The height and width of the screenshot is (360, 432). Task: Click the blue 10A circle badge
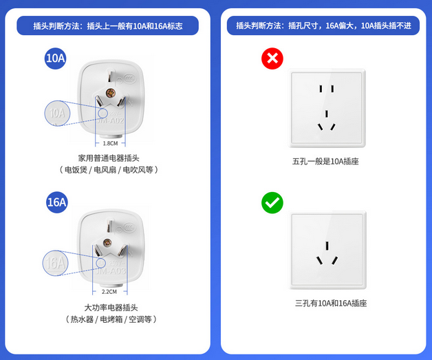click(56, 59)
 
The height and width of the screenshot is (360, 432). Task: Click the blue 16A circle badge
click(56, 202)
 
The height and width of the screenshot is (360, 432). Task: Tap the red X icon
click(272, 59)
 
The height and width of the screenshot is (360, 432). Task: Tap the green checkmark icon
click(272, 202)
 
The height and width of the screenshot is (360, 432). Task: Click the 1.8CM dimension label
click(110, 143)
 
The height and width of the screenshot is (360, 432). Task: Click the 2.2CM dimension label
click(110, 291)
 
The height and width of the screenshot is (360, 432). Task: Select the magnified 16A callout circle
click(56, 262)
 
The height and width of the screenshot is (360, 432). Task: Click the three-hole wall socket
click(328, 252)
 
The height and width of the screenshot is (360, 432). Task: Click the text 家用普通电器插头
click(109, 158)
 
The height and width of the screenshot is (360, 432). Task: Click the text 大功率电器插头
click(111, 307)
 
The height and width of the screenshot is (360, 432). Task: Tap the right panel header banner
click(324, 25)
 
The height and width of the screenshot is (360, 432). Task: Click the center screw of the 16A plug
click(107, 242)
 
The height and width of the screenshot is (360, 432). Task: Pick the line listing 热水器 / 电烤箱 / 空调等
click(111, 319)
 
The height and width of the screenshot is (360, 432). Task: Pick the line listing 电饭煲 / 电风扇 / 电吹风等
click(109, 169)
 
